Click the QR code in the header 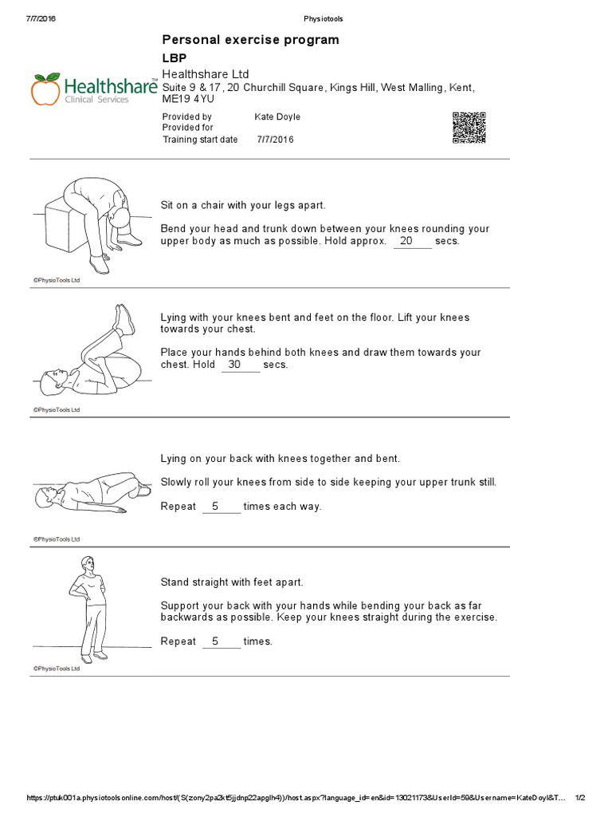coord(469,128)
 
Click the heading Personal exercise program coord(250,39)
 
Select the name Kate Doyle coord(277,116)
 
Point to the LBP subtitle coord(175,58)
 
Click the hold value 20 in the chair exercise coord(412,240)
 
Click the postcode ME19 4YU coord(190,98)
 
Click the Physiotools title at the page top coord(324,18)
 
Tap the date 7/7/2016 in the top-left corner coord(41,18)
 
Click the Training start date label coord(200,139)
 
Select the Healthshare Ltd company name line coord(206,73)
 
